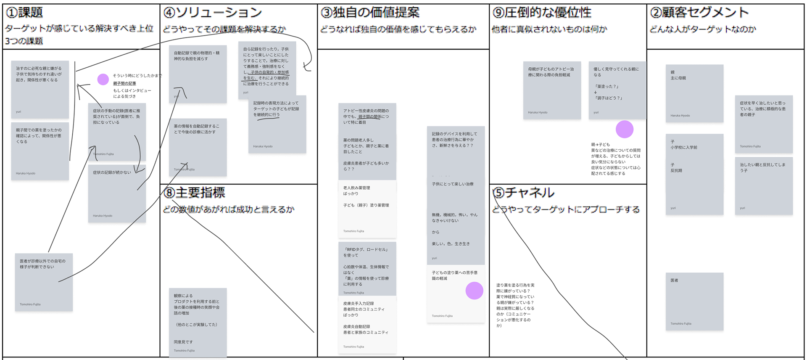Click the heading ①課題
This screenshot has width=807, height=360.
25,13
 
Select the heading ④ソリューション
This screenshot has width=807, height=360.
213,13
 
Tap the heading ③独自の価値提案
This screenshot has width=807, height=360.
370,13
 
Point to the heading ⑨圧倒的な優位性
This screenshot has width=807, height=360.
542,13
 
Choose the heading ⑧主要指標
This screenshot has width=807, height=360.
194,193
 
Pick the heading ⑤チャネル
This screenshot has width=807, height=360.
524,193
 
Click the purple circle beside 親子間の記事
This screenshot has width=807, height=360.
103,79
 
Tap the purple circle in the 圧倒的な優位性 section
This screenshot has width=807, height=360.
624,129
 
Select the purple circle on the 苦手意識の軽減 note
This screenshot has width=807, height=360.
474,291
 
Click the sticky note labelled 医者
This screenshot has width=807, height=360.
694,301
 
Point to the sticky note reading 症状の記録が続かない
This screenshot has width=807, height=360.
117,193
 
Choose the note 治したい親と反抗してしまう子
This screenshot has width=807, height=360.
763,185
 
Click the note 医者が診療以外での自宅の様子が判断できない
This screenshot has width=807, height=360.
44,282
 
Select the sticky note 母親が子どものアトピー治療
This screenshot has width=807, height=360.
551,90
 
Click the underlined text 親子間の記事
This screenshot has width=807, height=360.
124,83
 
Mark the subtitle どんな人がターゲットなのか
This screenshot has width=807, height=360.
703,29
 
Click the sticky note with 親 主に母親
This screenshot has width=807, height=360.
694,93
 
